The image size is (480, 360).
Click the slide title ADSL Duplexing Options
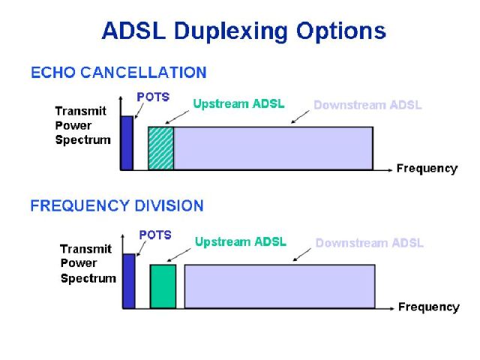[244, 31]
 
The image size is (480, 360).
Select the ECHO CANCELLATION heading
[118, 73]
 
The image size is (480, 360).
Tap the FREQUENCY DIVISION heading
[117, 205]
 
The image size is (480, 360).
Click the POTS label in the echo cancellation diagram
[153, 97]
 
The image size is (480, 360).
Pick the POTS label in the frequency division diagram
[155, 235]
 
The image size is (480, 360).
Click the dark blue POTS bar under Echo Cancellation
[127, 143]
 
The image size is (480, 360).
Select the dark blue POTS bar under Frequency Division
[129, 281]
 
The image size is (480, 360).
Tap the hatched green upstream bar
[161, 148]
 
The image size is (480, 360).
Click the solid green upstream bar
[163, 286]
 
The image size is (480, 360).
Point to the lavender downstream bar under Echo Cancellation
[273, 148]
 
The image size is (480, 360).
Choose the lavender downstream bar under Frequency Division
[280, 286]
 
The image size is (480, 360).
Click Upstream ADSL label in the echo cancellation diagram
[238, 103]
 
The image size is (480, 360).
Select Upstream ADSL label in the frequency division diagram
[241, 241]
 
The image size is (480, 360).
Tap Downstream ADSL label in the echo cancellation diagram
[367, 105]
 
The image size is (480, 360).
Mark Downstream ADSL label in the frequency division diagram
[370, 243]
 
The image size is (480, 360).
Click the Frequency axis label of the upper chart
[427, 169]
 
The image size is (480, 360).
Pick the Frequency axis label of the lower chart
[429, 307]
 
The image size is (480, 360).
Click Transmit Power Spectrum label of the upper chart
[82, 125]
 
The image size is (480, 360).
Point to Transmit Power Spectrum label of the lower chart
[88, 263]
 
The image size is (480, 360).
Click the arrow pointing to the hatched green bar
[177, 117]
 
